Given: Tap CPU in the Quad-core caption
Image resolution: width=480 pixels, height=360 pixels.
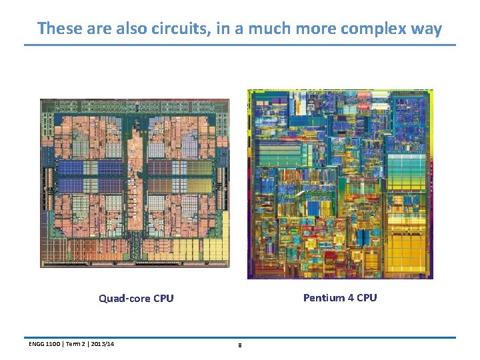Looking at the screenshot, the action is [x=163, y=299].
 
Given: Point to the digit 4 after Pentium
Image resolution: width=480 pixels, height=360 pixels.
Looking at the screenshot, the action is [x=351, y=298].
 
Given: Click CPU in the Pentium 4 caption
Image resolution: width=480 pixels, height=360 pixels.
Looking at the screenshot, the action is [x=367, y=298].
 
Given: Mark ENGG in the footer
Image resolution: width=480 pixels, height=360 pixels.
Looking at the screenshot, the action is [x=37, y=344].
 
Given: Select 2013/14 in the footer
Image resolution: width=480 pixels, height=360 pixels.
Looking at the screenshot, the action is [x=101, y=344].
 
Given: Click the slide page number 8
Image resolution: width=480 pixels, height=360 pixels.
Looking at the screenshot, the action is [x=239, y=345].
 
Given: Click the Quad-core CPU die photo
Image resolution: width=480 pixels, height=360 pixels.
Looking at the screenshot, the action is [x=135, y=183].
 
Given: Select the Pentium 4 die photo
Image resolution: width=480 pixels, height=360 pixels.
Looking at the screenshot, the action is [x=340, y=184].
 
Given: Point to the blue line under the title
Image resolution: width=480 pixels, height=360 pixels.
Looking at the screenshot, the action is [x=240, y=45].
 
